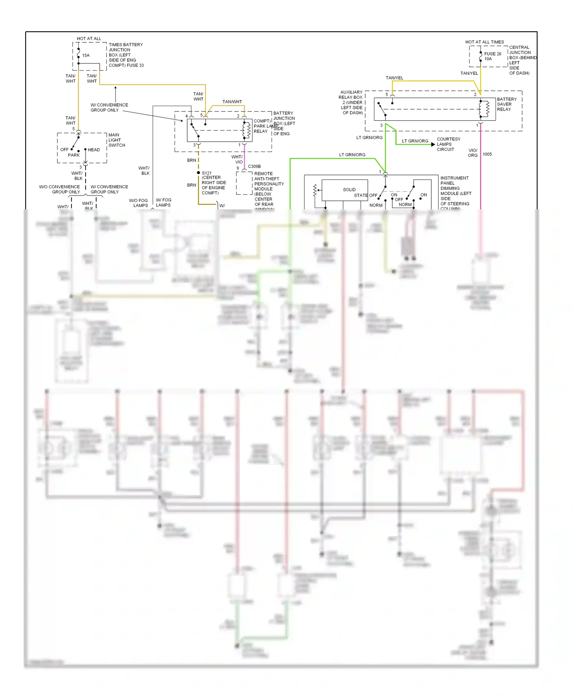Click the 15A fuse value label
click(86, 55)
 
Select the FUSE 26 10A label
click(492, 56)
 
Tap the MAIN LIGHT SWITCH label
click(117, 140)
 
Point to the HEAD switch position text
click(94, 150)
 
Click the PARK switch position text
click(74, 155)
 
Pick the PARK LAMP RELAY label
click(261, 126)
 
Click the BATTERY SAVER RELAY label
click(507, 104)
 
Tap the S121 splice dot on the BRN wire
click(198, 173)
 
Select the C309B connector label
click(254, 166)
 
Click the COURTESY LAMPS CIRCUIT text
click(448, 144)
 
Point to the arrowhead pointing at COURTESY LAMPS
click(433, 144)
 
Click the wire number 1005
click(487, 154)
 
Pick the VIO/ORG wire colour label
click(473, 153)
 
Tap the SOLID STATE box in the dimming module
click(345, 190)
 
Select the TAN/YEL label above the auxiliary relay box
click(394, 78)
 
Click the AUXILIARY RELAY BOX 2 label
click(351, 102)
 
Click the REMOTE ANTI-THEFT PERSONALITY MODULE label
click(269, 186)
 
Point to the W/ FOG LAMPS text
click(163, 202)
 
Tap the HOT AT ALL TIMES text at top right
click(484, 42)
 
